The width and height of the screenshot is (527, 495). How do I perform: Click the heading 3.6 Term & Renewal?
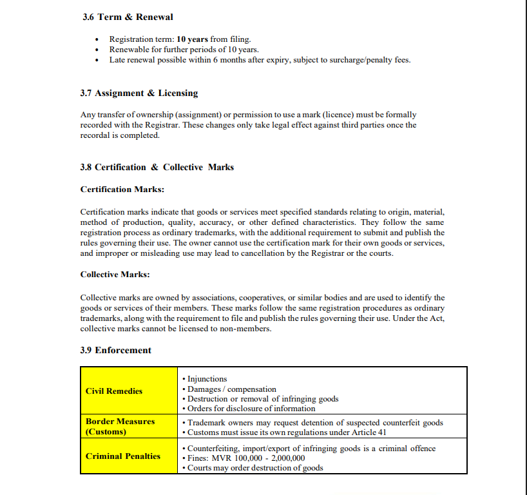128,17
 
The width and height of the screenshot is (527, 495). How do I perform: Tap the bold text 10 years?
192,39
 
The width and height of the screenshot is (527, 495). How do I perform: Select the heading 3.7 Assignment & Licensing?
139,93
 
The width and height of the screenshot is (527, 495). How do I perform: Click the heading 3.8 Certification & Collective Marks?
157,168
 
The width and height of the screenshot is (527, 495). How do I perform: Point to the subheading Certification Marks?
122,189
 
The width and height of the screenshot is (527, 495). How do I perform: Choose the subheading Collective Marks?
115,275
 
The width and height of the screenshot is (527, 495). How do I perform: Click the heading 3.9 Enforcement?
115,351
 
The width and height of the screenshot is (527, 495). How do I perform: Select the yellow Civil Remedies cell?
128,391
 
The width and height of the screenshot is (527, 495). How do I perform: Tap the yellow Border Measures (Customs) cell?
128,427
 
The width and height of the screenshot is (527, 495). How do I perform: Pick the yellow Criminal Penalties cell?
128,456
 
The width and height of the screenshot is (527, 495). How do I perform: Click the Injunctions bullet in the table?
207,379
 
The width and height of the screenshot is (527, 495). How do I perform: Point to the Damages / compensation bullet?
231,389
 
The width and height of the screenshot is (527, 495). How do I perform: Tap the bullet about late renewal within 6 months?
260,60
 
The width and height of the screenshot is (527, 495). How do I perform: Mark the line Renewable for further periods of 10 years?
184,50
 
